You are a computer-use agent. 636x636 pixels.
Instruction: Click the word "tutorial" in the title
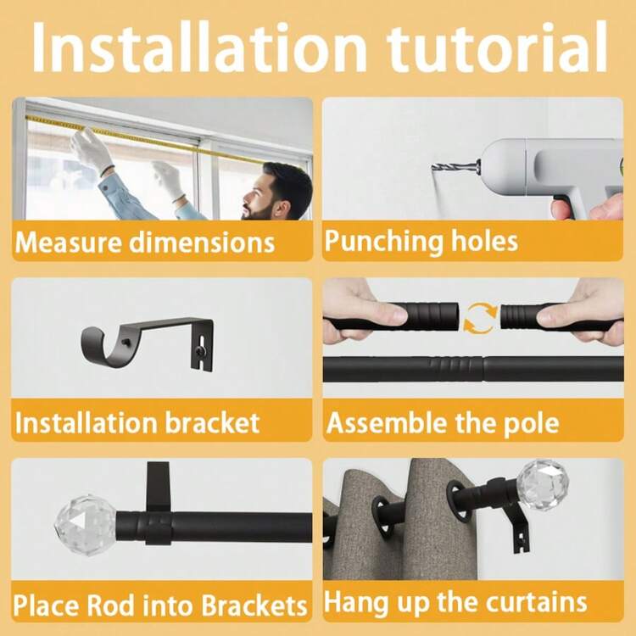point(497,47)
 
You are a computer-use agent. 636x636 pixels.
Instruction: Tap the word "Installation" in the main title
point(198,47)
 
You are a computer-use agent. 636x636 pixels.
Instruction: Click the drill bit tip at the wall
point(433,166)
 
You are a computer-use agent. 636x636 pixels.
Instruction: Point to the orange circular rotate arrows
point(480,318)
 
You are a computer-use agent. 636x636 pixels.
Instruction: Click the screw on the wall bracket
point(201,349)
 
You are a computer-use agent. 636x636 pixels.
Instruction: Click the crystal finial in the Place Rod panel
point(85,525)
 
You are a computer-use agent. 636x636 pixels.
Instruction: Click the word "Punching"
point(384,242)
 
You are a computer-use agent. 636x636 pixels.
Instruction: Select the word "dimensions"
point(202,243)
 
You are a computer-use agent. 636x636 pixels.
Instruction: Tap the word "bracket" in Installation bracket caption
point(212,422)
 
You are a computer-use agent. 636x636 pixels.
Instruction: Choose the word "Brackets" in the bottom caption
point(254,606)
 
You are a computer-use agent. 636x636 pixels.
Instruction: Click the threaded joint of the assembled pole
point(458,369)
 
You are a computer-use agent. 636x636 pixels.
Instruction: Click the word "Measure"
point(68,243)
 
